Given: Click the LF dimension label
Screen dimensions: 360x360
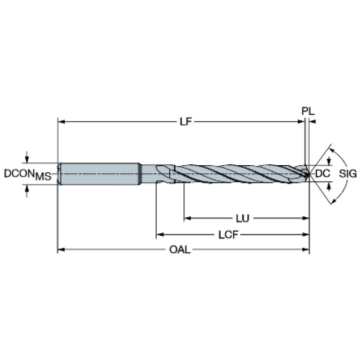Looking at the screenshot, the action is pos(185,122).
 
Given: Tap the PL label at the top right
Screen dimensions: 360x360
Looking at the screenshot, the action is pos(308,111).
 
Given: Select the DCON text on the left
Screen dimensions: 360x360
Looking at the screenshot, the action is pos(19,173).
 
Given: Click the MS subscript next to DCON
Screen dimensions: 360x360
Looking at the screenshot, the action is pos(43,176).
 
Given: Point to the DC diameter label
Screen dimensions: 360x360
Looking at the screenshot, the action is pos(323,173).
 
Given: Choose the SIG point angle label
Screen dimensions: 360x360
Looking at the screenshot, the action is pos(348,174).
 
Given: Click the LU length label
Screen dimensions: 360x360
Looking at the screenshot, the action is pos(243,218).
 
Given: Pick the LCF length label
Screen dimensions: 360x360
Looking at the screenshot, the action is pos(228,235).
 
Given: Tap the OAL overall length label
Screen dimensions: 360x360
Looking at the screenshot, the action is pos(180,250).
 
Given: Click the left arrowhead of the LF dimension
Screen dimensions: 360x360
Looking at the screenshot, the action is pos(61,122).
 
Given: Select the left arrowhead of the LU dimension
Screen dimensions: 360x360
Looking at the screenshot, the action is pos(187,218).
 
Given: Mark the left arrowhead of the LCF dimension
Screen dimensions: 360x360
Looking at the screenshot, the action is pos(160,235).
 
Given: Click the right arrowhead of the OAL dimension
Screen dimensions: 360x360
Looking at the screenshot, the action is pos(306,250).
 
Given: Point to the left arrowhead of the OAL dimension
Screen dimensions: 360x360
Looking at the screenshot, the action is pos(61,250).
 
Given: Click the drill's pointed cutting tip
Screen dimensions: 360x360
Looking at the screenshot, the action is pos(309,174).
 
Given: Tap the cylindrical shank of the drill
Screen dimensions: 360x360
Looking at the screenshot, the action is pos(99,174).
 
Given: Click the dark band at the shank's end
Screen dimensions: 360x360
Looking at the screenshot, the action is pos(139,174).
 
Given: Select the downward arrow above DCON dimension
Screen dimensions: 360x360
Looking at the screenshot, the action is pos(27,157).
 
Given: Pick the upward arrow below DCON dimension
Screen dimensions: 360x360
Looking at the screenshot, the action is pos(27,191).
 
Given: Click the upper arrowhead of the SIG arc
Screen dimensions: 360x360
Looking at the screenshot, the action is pos(332,150).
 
